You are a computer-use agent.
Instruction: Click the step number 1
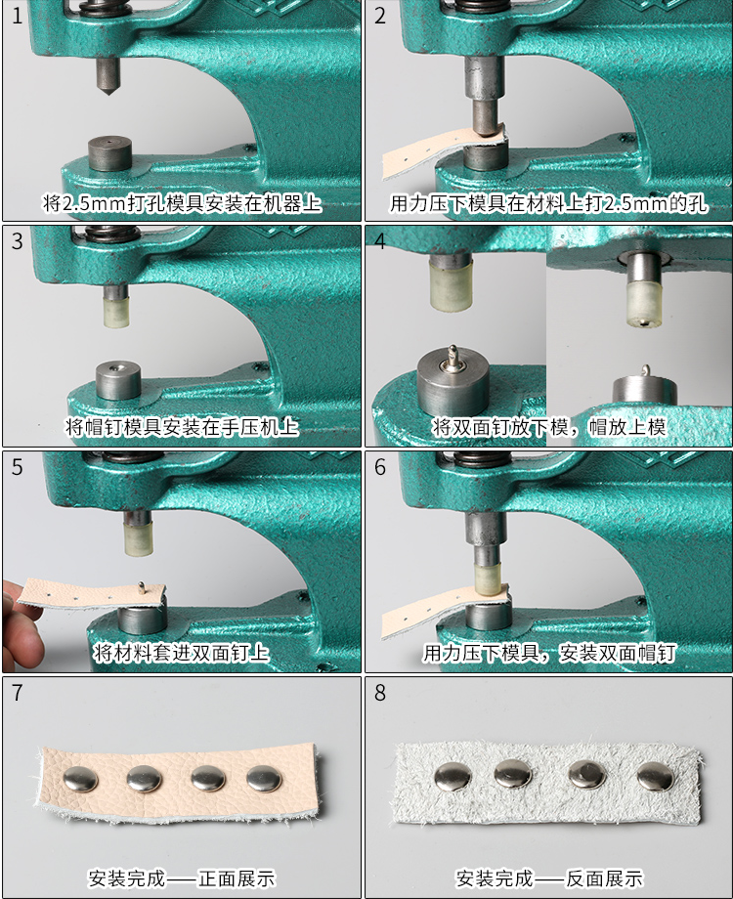(x=17, y=15)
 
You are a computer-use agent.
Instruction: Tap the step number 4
(x=380, y=240)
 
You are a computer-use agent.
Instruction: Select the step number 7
(x=17, y=693)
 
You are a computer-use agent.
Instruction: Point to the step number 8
(x=380, y=693)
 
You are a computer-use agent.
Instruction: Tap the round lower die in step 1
(x=108, y=153)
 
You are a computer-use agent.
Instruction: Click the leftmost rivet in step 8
(x=453, y=775)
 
